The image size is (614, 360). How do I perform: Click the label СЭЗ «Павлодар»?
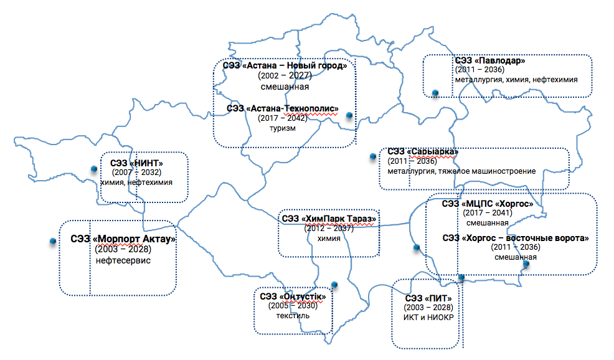[x=490, y=61]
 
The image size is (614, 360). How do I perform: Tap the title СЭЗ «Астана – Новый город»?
[x=285, y=65]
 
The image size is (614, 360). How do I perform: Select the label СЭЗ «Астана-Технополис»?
[x=282, y=108]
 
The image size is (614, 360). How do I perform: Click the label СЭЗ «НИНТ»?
[x=136, y=163]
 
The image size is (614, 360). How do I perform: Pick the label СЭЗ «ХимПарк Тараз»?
[x=329, y=219]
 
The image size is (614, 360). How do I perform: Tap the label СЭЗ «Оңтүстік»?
[x=293, y=296]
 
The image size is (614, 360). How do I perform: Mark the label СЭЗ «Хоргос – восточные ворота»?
[x=516, y=238]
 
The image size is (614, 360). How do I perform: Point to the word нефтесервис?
[x=123, y=260]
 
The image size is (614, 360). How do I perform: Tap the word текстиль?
[x=293, y=316]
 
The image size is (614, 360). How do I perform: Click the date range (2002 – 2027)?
[x=284, y=75]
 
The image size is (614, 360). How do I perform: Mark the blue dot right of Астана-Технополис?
[x=349, y=115]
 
